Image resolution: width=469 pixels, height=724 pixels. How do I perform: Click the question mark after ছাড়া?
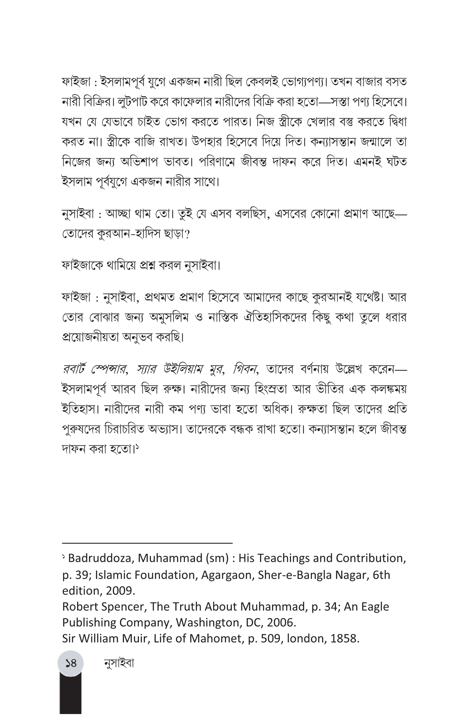pos(187,234)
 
